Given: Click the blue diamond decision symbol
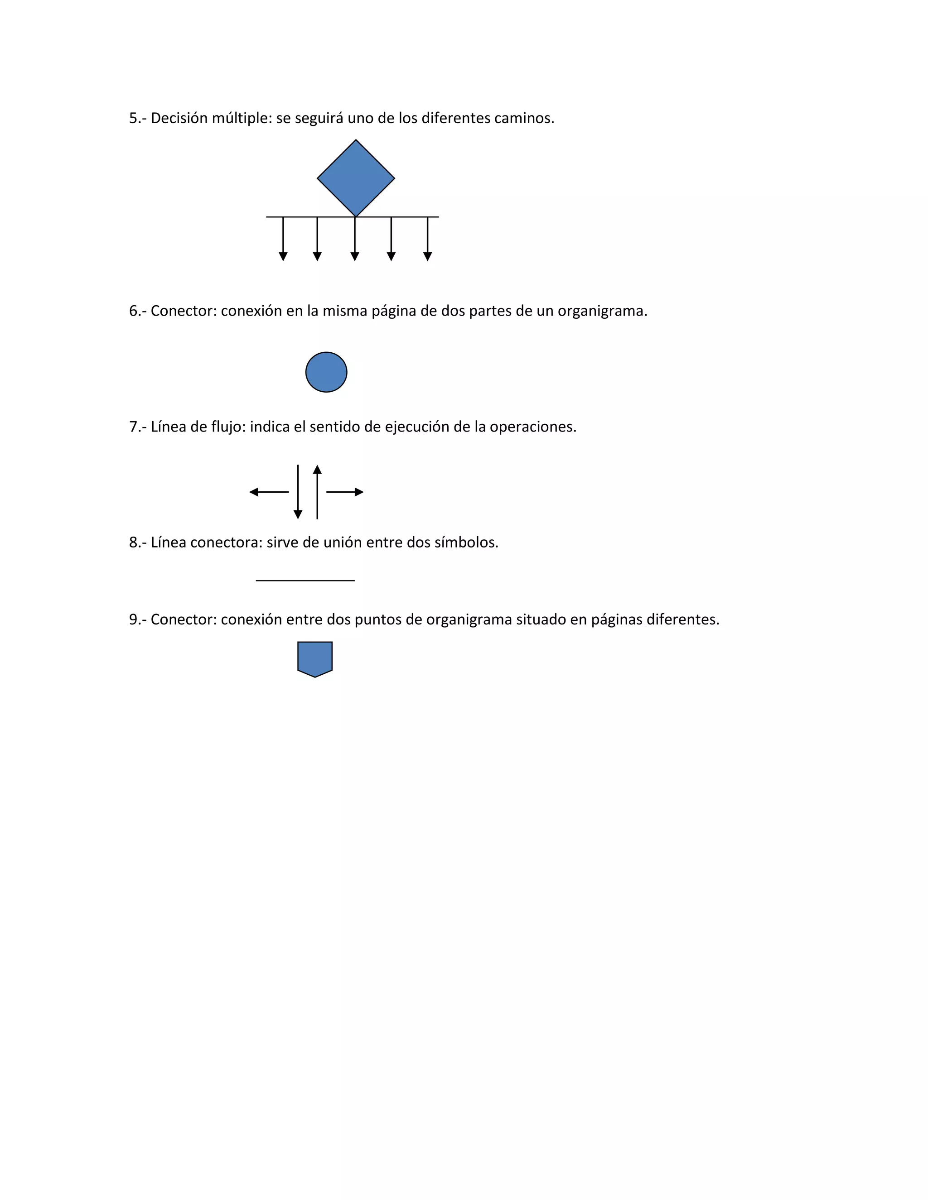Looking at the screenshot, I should click(356, 178).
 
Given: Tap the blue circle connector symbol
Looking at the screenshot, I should click(326, 372).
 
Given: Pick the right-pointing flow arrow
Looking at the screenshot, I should click(345, 492).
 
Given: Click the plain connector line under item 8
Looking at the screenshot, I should click(305, 580).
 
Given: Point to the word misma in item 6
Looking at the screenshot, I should click(344, 312).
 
